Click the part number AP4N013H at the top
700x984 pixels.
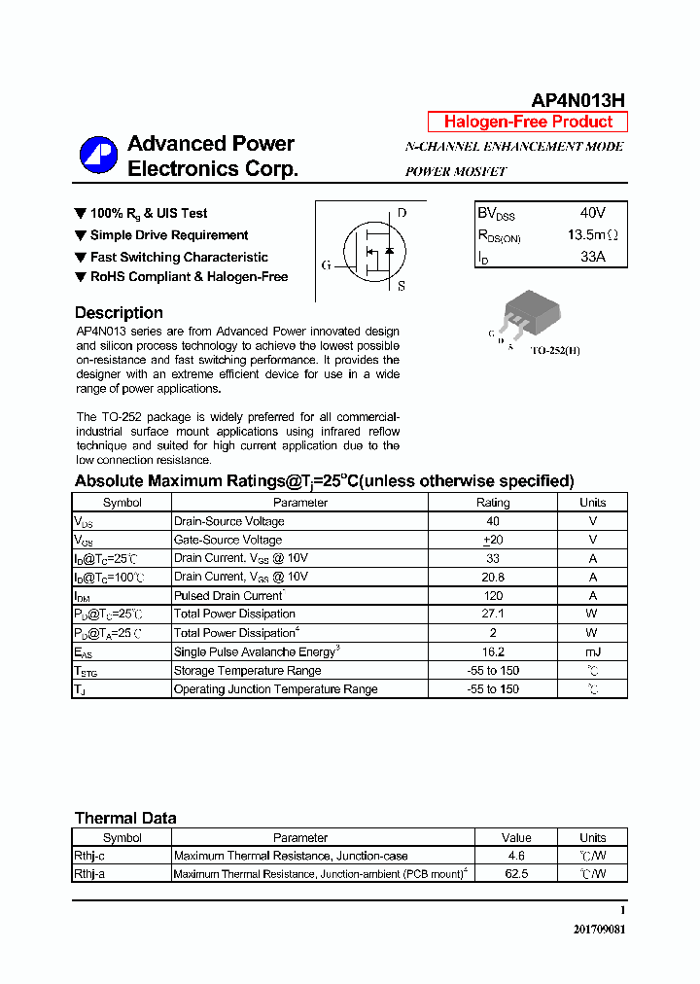(x=577, y=100)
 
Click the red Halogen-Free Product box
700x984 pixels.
(x=528, y=122)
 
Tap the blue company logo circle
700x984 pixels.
(x=98, y=156)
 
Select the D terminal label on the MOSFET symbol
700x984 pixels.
(x=402, y=213)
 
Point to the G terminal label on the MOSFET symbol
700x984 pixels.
(x=326, y=264)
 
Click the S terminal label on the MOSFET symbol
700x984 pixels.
(x=402, y=286)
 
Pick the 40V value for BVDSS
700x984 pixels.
(x=592, y=213)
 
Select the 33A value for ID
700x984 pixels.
(x=592, y=257)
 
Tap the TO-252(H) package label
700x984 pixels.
(x=555, y=350)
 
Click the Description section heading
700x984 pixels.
(x=119, y=313)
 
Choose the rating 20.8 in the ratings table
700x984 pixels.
(x=492, y=577)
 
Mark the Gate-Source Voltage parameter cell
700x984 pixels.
(x=227, y=540)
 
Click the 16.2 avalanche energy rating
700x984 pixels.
(x=492, y=651)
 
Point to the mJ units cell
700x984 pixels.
(x=592, y=651)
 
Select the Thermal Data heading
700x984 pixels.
(x=125, y=818)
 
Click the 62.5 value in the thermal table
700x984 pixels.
(x=516, y=873)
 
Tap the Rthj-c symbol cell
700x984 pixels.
(x=91, y=856)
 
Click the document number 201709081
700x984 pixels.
(x=599, y=929)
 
